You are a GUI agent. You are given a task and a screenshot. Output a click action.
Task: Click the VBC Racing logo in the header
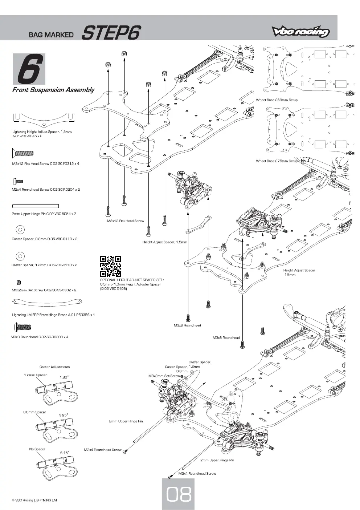click(x=300, y=31)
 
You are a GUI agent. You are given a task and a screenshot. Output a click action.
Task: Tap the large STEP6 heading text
click(x=111, y=33)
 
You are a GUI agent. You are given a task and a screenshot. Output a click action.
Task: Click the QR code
click(x=110, y=266)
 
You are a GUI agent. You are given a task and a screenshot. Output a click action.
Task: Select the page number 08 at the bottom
click(x=179, y=494)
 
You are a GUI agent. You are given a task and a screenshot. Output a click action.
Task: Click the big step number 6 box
click(x=29, y=69)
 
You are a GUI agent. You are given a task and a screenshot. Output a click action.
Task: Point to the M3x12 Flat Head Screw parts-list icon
click(x=23, y=153)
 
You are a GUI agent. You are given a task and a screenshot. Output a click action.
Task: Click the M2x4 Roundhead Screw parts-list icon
click(x=18, y=182)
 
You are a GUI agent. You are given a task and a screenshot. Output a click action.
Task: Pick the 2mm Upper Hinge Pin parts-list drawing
click(x=36, y=206)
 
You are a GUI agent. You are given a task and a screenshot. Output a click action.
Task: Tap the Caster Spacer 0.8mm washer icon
click(x=20, y=230)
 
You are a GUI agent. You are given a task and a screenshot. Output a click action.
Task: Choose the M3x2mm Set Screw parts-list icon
click(x=19, y=283)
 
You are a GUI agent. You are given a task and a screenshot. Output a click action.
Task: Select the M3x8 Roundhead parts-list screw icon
click(x=23, y=327)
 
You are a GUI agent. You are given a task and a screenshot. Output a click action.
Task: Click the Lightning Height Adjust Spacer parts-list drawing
click(x=44, y=120)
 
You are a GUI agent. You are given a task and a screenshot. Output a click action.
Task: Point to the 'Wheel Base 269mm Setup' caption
click(x=277, y=100)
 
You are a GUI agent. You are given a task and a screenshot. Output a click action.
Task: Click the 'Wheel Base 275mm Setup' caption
click(x=277, y=161)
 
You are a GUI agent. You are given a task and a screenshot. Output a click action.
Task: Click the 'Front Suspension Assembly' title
click(x=53, y=90)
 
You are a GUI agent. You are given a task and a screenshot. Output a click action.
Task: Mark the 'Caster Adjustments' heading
click(x=54, y=367)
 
